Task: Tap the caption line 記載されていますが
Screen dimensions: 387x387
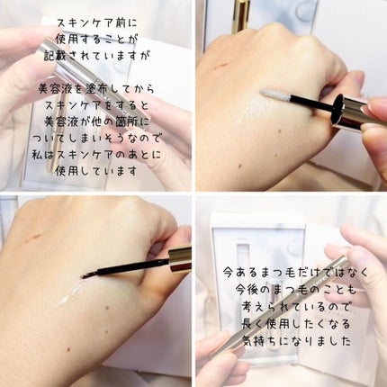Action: click(97, 56)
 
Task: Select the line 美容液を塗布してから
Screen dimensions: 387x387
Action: click(96, 89)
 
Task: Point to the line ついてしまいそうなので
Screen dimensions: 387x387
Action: click(96, 139)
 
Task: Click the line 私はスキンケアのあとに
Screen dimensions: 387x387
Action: click(96, 155)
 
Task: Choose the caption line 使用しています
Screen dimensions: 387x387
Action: click(96, 172)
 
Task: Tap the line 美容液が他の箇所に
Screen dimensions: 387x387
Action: click(96, 122)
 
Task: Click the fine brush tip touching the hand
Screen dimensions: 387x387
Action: click(87, 275)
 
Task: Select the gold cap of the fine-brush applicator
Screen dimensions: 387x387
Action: click(180, 258)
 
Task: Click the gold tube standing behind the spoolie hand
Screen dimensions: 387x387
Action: click(240, 15)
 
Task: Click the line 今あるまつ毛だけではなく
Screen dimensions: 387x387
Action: click(295, 273)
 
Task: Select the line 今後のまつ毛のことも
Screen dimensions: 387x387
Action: click(295, 290)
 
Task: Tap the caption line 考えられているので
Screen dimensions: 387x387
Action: click(295, 307)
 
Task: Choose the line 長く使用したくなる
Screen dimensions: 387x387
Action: click(295, 324)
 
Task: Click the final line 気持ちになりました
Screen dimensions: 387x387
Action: click(295, 341)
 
